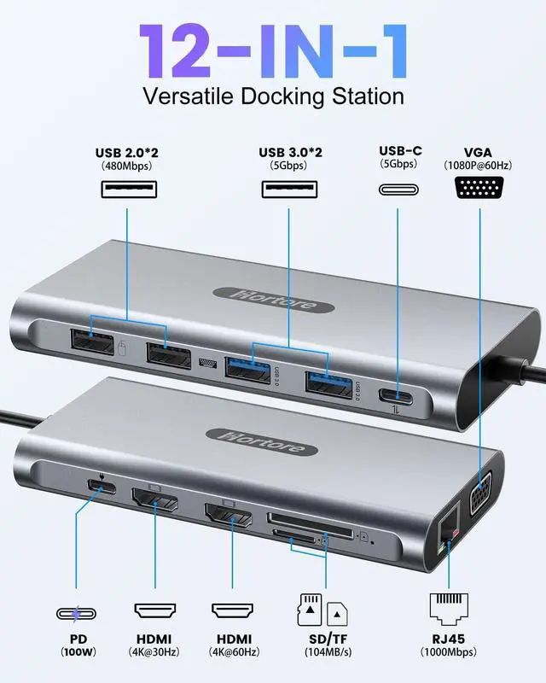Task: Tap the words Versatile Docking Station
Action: coord(273,95)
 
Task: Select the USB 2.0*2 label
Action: coord(127,153)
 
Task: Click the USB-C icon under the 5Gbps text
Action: coord(397,188)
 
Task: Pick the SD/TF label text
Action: coord(324,639)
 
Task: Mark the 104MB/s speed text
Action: coord(324,653)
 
